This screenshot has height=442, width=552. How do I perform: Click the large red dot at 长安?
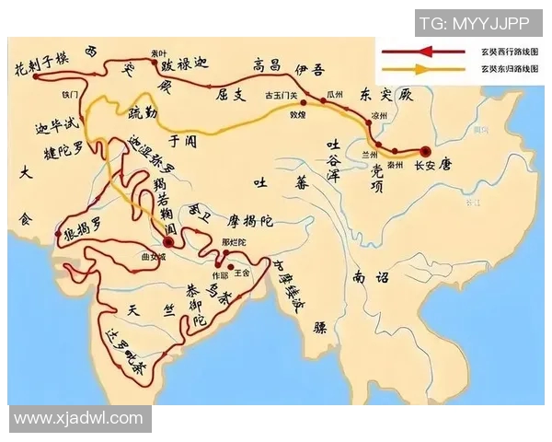click(x=425, y=151)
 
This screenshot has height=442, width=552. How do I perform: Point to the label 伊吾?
click(x=308, y=66)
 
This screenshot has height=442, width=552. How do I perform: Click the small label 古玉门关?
click(x=283, y=96)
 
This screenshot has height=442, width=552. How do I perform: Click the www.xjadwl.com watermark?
click(x=79, y=418)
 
